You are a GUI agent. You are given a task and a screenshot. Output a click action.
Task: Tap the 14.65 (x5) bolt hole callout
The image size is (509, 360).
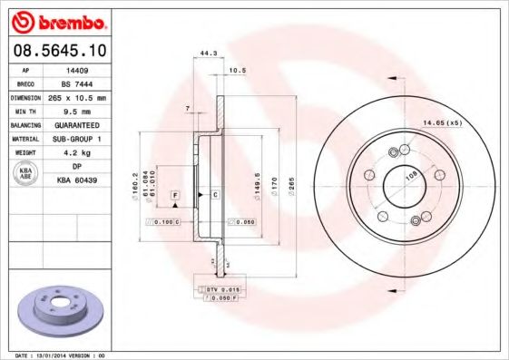point(442,121)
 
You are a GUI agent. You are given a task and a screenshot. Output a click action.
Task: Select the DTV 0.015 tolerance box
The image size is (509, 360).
point(216,288)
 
